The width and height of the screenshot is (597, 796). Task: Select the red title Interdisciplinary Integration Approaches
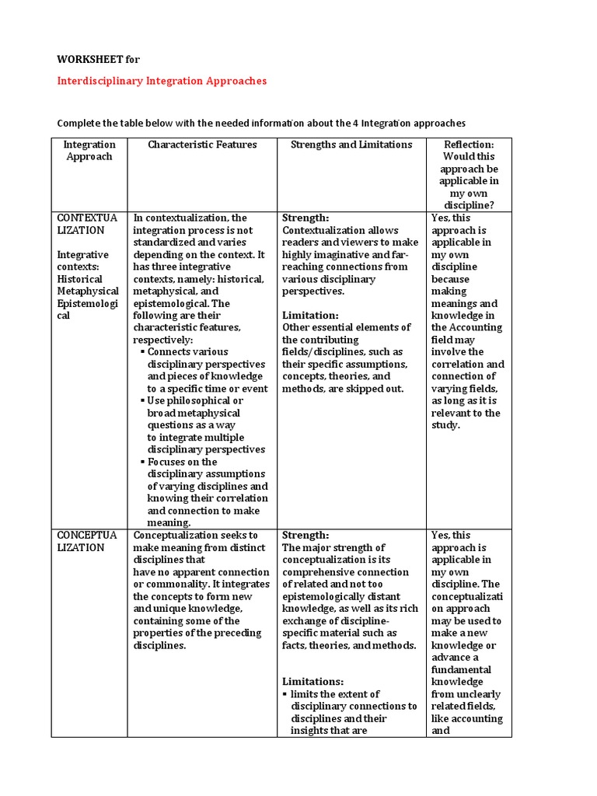tap(162, 81)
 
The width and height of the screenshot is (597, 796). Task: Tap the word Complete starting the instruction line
tap(80, 123)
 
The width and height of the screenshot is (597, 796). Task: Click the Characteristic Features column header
tap(202, 145)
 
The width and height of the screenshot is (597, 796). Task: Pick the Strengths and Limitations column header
tap(351, 145)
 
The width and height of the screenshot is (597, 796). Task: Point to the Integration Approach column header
tap(89, 150)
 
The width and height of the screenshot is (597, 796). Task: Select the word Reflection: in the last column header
tap(469, 145)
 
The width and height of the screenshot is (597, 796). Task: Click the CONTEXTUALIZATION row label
tap(87, 224)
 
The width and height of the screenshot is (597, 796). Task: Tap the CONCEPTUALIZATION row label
tap(87, 541)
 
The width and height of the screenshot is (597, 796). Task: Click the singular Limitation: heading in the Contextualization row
tap(310, 316)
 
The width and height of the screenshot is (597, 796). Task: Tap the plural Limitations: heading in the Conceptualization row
tap(312, 682)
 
